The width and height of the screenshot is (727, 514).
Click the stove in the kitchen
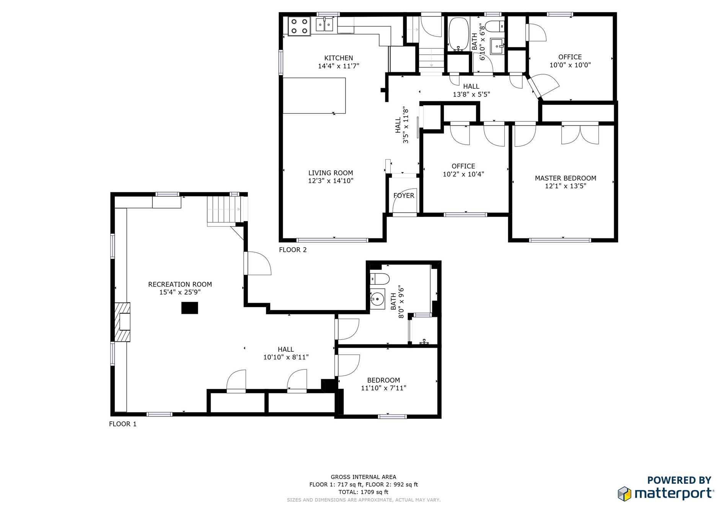[x=299, y=26]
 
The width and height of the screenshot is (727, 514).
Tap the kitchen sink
[x=325, y=25]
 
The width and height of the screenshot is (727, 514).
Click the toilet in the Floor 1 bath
[x=380, y=279]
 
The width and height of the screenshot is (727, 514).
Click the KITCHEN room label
[x=339, y=58]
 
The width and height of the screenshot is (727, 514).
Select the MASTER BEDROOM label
[x=566, y=178]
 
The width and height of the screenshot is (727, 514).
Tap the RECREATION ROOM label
[x=180, y=284]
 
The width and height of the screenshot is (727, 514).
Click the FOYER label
[x=404, y=196]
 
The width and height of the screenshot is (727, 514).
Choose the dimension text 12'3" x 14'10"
[x=331, y=181]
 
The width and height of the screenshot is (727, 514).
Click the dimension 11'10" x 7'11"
[x=383, y=388]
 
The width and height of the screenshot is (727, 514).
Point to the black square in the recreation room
[x=189, y=308]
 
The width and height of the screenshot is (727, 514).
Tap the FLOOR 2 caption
[x=293, y=250]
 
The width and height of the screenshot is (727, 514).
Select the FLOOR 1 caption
[x=123, y=424]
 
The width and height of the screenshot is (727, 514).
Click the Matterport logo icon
[x=624, y=494]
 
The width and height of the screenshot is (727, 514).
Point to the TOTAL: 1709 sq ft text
[x=363, y=492]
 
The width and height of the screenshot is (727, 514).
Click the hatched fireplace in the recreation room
[x=122, y=322]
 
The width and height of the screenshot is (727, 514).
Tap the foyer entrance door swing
[x=405, y=200]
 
